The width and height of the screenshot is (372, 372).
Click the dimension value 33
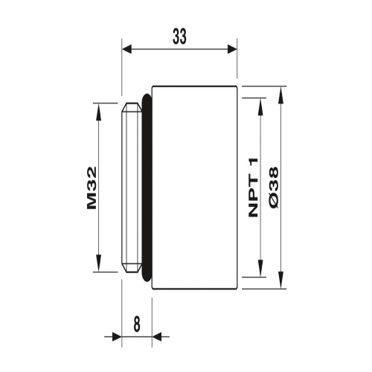click(x=179, y=37)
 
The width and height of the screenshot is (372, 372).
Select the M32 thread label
click(x=92, y=189)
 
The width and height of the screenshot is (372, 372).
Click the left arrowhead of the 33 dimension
click(x=127, y=48)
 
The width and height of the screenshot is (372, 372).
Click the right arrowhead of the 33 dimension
click(x=231, y=48)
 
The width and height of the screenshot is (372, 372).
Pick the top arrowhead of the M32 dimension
click(x=98, y=109)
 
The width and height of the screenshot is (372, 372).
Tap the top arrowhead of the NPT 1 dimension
click(x=260, y=103)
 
